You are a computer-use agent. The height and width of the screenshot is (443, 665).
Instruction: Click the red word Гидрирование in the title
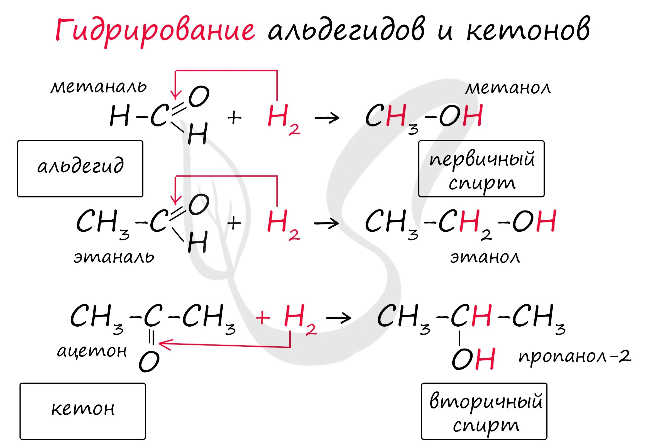pos(155,31)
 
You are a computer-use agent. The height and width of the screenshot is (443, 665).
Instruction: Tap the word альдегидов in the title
pos(346,30)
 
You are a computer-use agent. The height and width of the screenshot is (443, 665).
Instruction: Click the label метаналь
pos(99,87)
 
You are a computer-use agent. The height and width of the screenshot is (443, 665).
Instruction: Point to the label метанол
pos(508,88)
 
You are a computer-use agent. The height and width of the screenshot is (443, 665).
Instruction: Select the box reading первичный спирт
pos(481,169)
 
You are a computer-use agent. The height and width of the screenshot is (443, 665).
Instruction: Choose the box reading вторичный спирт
pos(484,411)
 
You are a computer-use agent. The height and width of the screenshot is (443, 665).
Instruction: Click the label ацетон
pos(92,351)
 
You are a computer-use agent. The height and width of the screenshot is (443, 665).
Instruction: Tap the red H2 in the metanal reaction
pos(283,119)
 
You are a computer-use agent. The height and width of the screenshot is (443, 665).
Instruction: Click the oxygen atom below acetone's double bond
pos(149,361)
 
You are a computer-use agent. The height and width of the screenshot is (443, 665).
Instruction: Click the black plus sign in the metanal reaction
pos(234,118)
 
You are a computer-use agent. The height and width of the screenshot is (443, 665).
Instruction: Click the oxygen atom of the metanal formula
pos(199,97)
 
